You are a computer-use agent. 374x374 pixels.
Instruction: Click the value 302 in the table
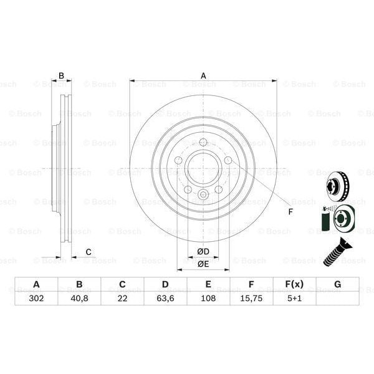coord(37,298)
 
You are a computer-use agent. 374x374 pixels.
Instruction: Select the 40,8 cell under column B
coord(79,298)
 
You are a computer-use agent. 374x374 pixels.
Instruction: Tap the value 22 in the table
coord(122,298)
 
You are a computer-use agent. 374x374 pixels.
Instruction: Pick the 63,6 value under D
coord(165,298)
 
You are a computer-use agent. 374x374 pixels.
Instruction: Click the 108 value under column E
coord(208,298)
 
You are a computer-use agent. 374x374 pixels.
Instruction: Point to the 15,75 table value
coord(251,298)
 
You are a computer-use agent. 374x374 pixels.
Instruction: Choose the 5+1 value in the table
coord(294,298)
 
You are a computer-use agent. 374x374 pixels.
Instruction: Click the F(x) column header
coord(294,285)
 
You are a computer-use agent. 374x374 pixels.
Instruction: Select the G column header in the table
coord(337,285)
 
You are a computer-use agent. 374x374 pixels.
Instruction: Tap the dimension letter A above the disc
coord(203,77)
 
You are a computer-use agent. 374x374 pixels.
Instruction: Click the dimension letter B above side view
coord(61,77)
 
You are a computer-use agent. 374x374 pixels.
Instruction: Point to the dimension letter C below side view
coord(89,252)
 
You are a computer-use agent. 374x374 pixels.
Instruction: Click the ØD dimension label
coord(203,251)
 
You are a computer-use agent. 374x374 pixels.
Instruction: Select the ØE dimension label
coord(203,264)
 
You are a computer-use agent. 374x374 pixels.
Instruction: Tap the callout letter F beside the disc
coord(290,211)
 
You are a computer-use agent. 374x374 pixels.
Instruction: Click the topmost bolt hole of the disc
coord(203,142)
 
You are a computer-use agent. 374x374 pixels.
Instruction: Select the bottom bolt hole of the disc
coord(203,194)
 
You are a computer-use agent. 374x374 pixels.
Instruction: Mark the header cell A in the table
coord(37,285)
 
